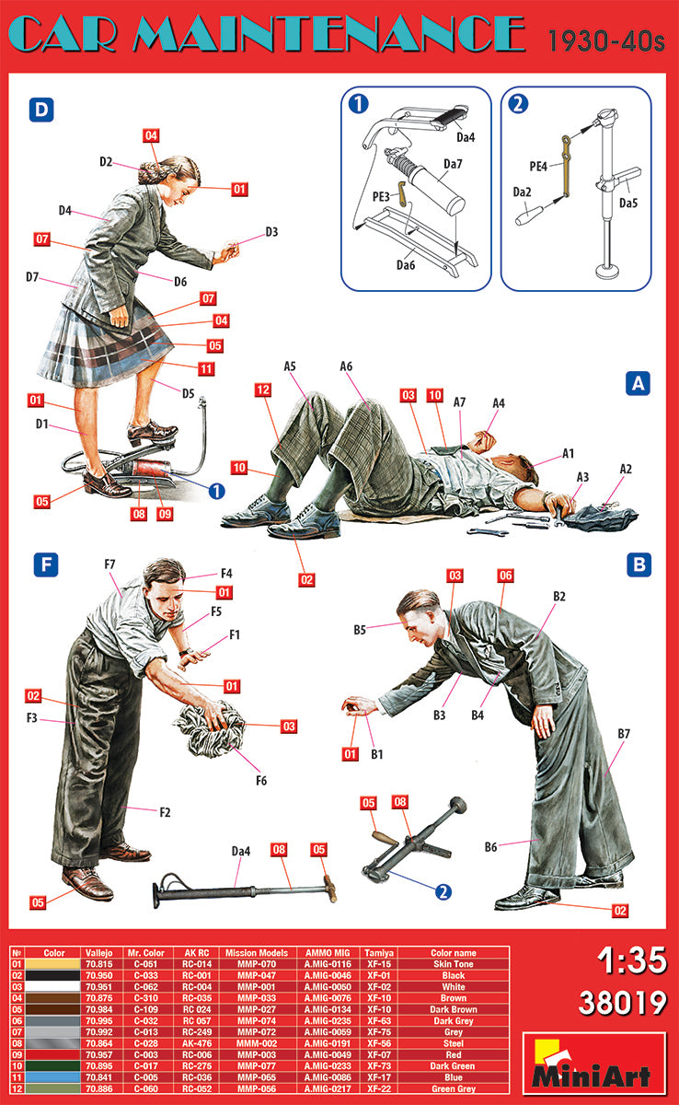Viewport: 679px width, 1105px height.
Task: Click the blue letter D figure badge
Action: (x=41, y=110)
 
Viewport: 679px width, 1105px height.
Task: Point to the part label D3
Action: (x=270, y=232)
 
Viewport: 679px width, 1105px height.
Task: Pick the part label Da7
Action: (x=453, y=164)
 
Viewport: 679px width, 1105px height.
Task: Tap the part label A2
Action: (x=626, y=469)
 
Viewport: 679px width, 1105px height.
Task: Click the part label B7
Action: (x=623, y=733)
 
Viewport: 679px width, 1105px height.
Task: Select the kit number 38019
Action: (x=622, y=1003)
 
